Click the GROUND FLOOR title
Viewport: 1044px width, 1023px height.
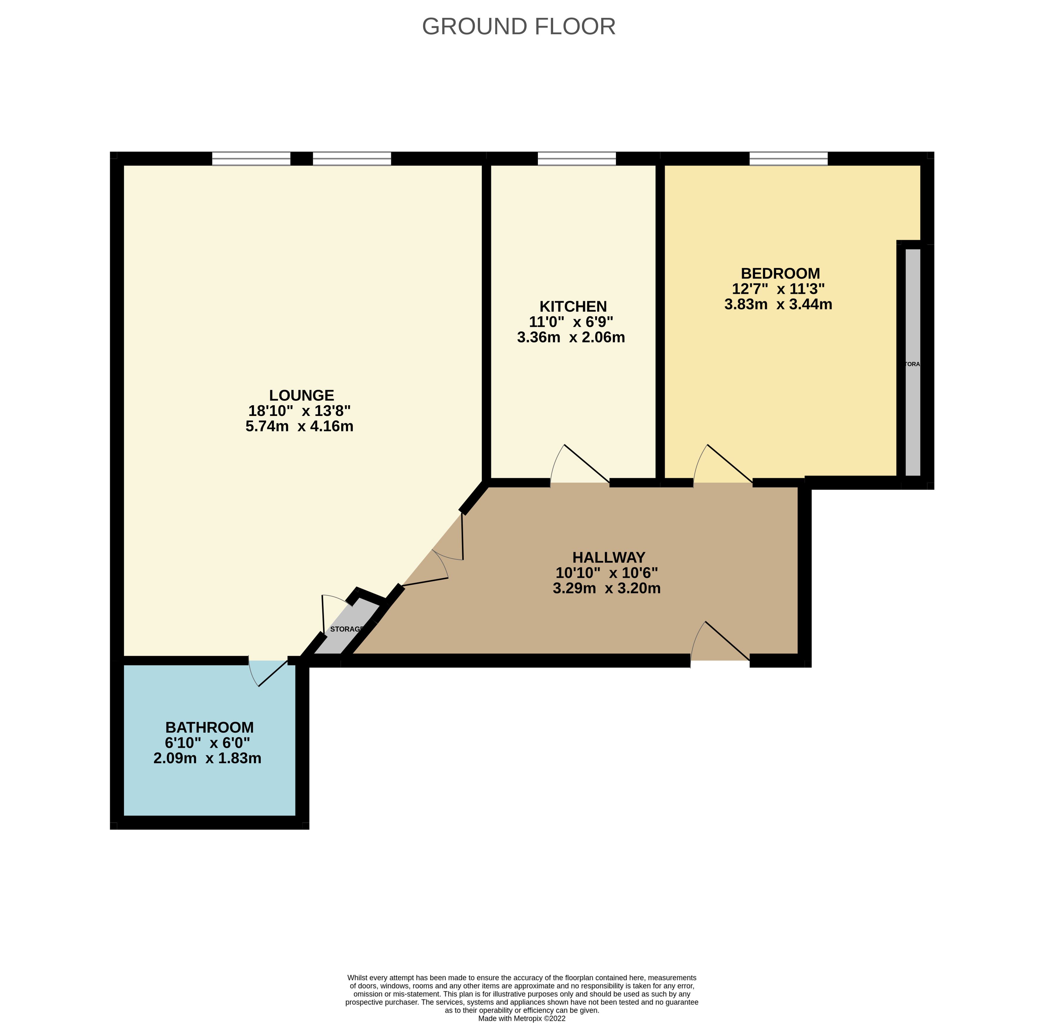(x=519, y=26)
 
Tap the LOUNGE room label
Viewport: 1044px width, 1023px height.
(x=302, y=395)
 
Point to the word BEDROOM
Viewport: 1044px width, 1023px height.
(x=780, y=274)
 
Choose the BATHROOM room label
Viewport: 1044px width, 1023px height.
(x=210, y=727)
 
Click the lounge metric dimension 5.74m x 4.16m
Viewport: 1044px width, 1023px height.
(x=299, y=427)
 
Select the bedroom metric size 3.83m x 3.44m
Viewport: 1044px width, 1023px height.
(x=778, y=305)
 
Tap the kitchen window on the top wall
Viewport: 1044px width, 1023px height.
(x=577, y=158)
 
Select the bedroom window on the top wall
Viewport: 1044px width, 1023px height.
(x=788, y=158)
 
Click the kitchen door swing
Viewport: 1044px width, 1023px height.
(x=580, y=464)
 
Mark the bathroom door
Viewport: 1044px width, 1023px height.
(x=269, y=673)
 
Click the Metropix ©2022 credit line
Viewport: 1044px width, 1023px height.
(x=522, y=1018)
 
